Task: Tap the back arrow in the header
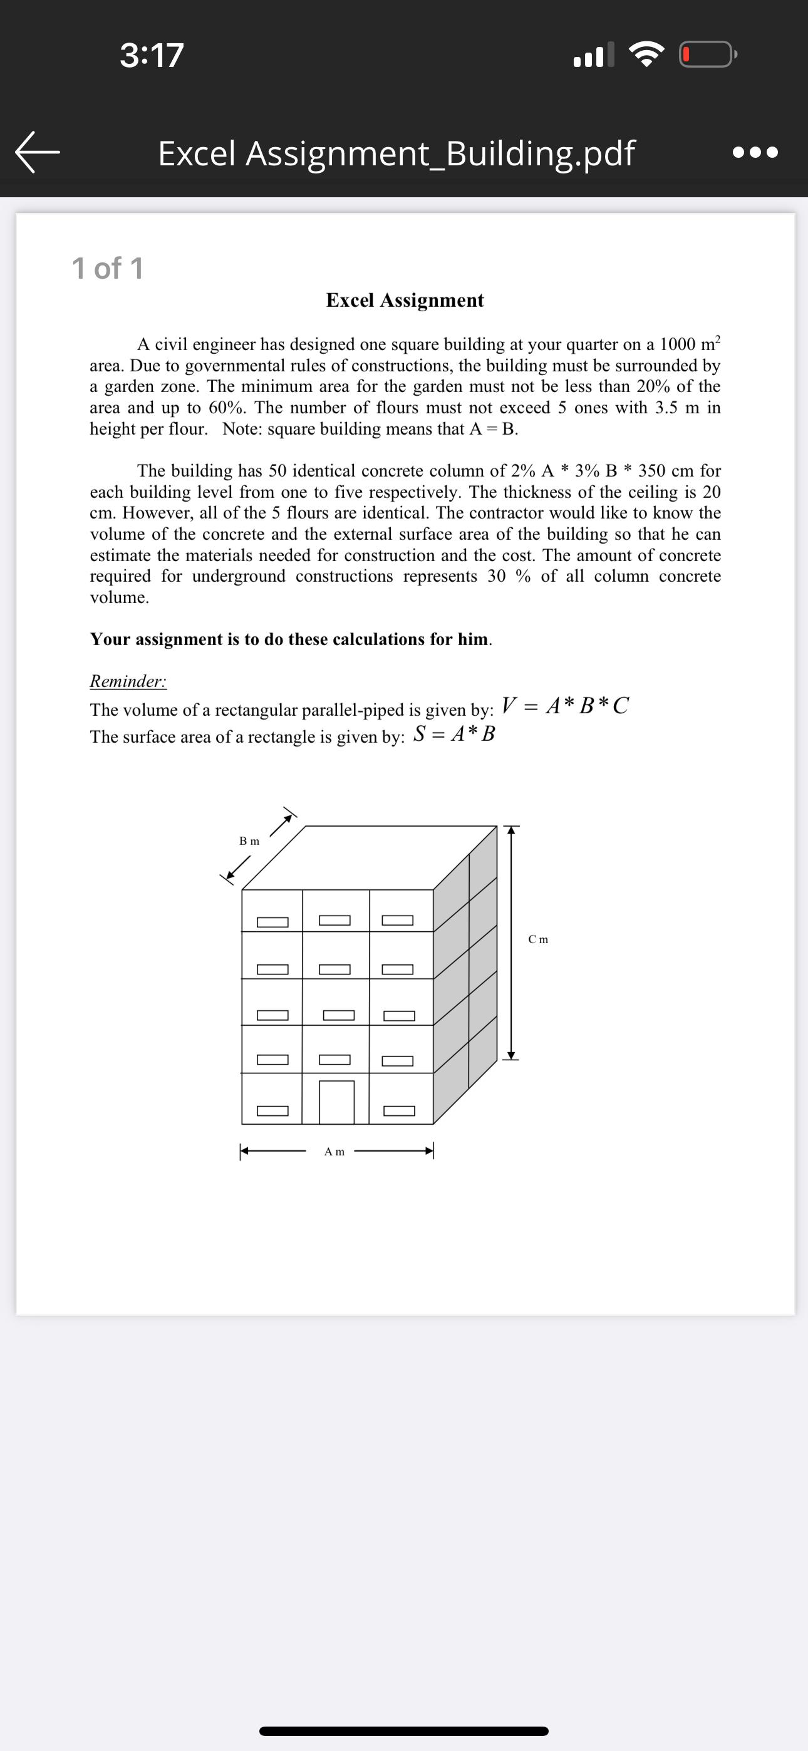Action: [x=38, y=152]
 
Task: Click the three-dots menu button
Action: [x=755, y=152]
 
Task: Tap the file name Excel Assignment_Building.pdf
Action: [x=396, y=153]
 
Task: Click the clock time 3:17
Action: [x=152, y=55]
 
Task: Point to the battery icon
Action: [x=707, y=55]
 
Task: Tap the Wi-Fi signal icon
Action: [x=646, y=55]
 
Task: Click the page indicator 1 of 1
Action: [x=108, y=268]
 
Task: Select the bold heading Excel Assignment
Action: [x=405, y=300]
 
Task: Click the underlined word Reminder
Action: [x=128, y=681]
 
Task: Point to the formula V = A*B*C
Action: [x=564, y=705]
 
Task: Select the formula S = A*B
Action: [x=454, y=733]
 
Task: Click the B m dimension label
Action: [x=249, y=841]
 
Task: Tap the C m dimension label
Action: [x=538, y=939]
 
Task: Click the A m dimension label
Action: [x=334, y=1152]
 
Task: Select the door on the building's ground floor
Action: [x=337, y=1101]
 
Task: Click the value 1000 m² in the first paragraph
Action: [x=689, y=343]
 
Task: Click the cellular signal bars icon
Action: [x=594, y=55]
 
